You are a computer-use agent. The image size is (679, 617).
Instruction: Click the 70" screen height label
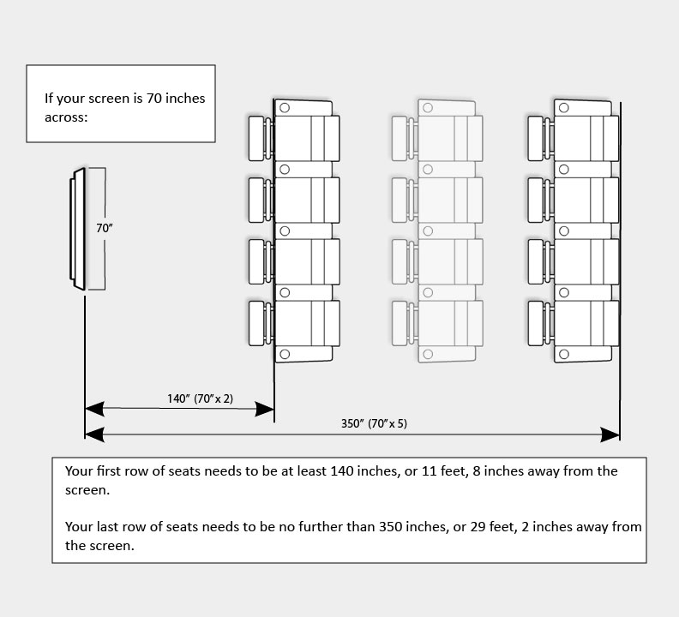coord(105,228)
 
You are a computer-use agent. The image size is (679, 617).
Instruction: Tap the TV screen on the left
coord(77,229)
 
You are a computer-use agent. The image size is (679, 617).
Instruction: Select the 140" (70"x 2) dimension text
coord(200,398)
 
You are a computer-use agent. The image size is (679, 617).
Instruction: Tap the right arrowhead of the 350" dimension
coord(610,435)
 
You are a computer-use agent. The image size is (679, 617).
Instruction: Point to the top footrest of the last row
coord(538,138)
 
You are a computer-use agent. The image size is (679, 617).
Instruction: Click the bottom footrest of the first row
coord(256,322)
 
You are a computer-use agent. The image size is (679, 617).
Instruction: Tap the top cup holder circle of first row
coord(285,108)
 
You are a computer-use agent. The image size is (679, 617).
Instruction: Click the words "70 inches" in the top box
coord(177,99)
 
